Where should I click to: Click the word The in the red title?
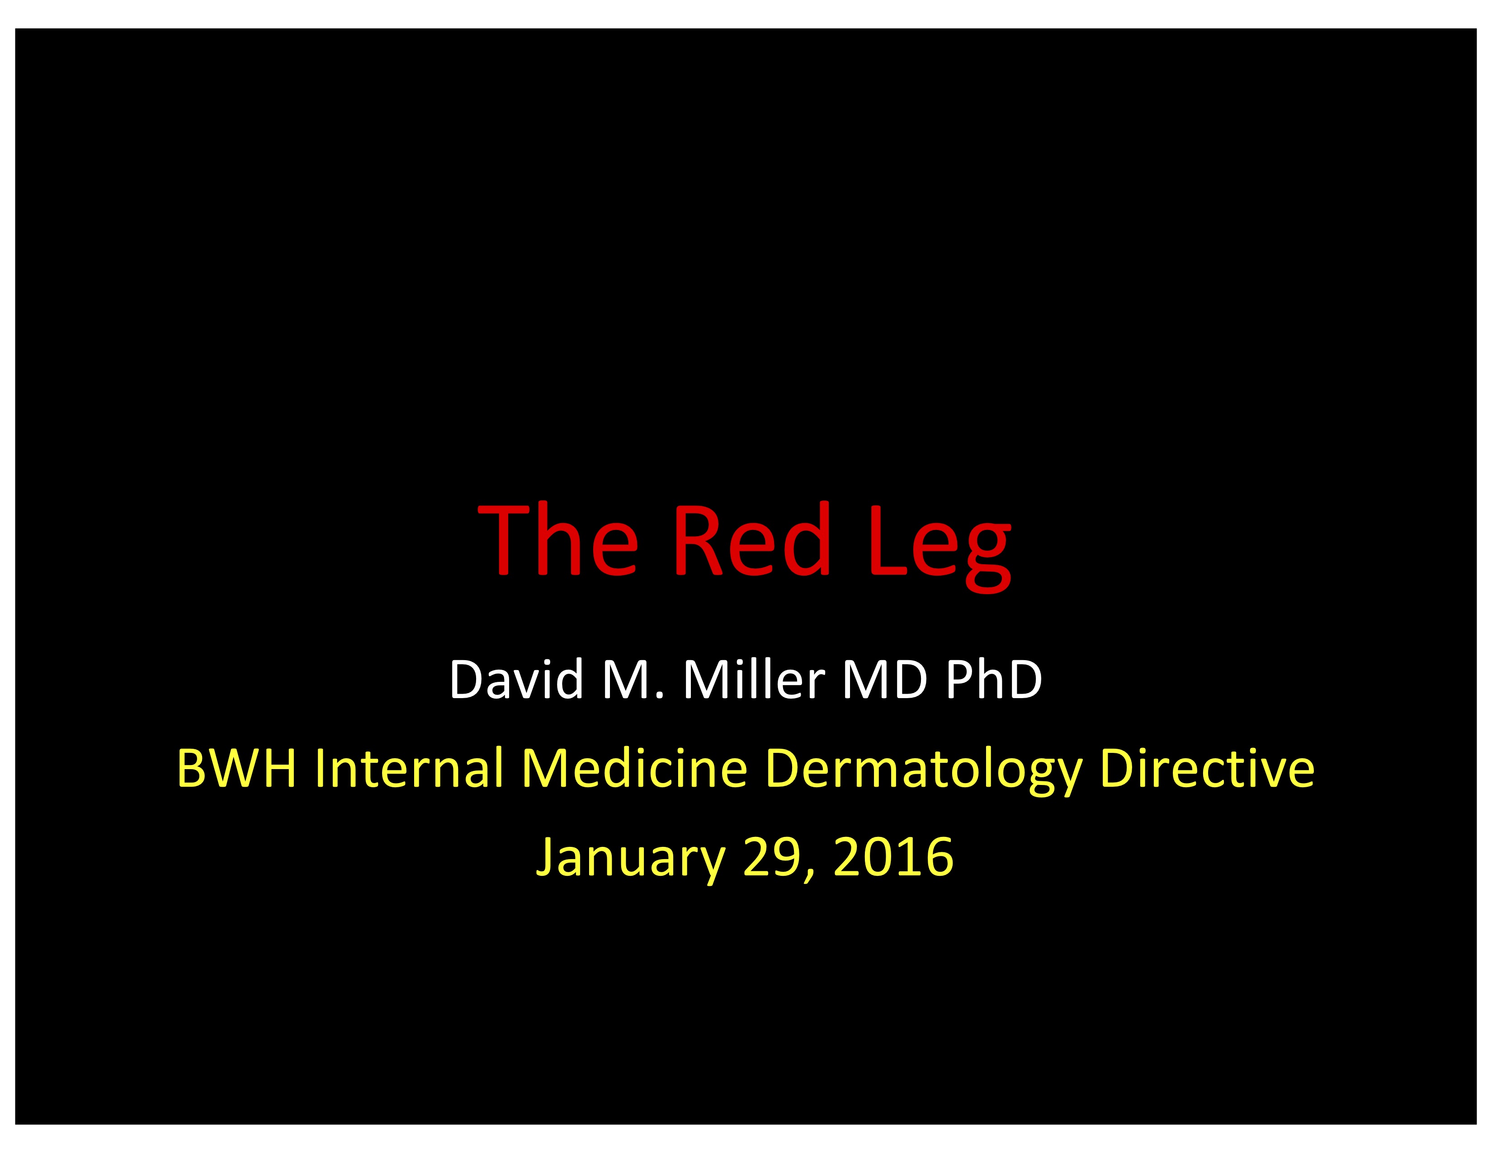(x=558, y=539)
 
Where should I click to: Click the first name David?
(x=516, y=679)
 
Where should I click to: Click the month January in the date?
(x=631, y=860)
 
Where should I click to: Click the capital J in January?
(x=548, y=859)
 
